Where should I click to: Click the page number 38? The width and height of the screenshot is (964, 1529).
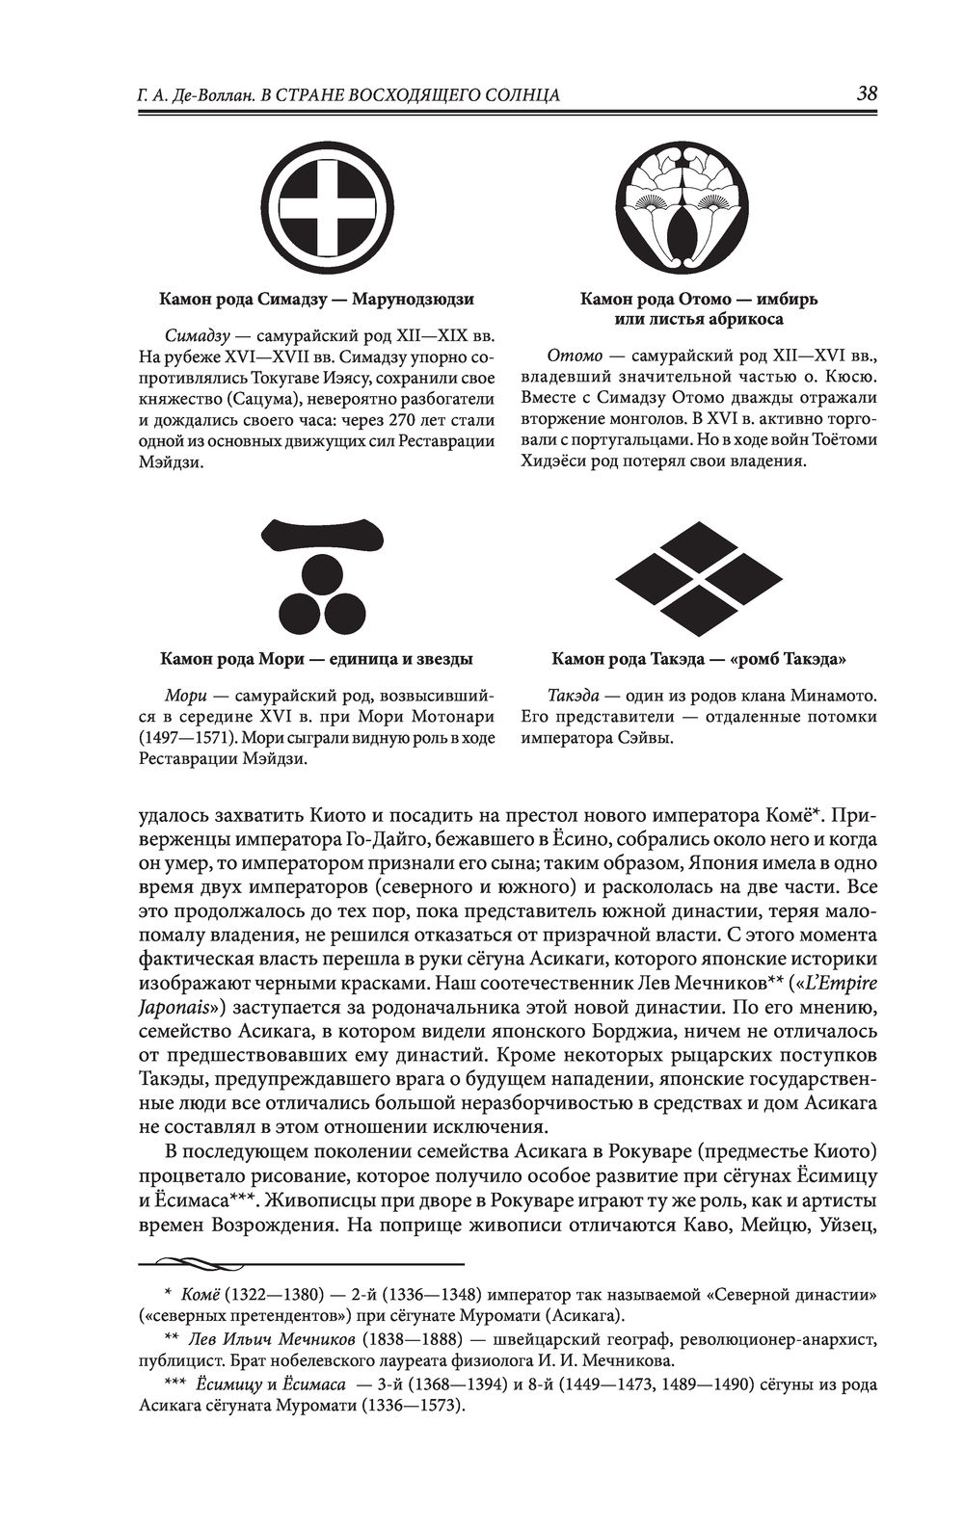point(866,92)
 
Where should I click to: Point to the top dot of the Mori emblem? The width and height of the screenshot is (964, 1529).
point(319,577)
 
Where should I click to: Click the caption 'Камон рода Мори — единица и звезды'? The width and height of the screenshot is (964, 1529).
point(316,660)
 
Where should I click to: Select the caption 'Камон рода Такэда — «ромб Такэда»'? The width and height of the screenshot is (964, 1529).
point(699,660)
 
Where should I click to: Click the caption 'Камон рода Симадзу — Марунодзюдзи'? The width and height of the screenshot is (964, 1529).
point(316,300)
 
